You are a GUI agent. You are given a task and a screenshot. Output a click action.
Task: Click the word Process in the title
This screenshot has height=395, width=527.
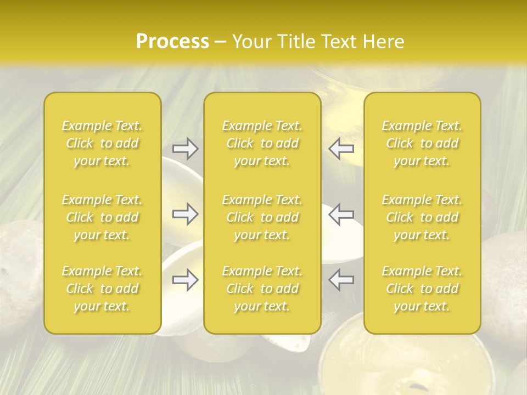[x=172, y=42]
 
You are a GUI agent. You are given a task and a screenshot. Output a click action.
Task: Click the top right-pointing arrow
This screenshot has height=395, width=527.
[x=185, y=148]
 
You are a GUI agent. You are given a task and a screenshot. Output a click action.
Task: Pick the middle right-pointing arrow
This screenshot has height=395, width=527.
[x=185, y=214]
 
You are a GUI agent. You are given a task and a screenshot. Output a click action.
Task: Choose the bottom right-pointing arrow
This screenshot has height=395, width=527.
[x=185, y=280]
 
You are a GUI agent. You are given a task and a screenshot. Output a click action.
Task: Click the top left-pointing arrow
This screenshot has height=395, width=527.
[x=341, y=148]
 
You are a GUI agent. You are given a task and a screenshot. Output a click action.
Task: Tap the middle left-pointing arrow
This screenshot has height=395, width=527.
[x=341, y=214]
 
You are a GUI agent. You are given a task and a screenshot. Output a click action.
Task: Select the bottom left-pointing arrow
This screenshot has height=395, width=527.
[x=341, y=280]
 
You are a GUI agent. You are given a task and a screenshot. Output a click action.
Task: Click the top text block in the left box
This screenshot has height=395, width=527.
[x=102, y=143]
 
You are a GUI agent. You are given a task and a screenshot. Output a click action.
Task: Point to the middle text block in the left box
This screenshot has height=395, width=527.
[x=102, y=217]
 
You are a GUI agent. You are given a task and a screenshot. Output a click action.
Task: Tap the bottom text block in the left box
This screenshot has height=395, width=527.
[x=102, y=289]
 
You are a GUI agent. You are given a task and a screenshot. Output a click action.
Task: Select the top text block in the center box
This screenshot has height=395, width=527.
[x=262, y=143]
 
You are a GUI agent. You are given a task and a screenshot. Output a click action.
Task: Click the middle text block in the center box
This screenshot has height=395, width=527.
[x=262, y=217]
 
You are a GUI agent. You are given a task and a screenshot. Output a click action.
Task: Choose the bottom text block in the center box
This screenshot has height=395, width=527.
[x=262, y=289]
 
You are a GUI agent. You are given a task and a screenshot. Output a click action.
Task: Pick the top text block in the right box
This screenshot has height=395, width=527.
[x=422, y=143]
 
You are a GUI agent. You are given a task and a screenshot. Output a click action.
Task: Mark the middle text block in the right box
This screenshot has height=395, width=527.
[x=422, y=217]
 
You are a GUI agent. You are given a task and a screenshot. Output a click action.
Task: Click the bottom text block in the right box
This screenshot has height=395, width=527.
[x=422, y=289]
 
